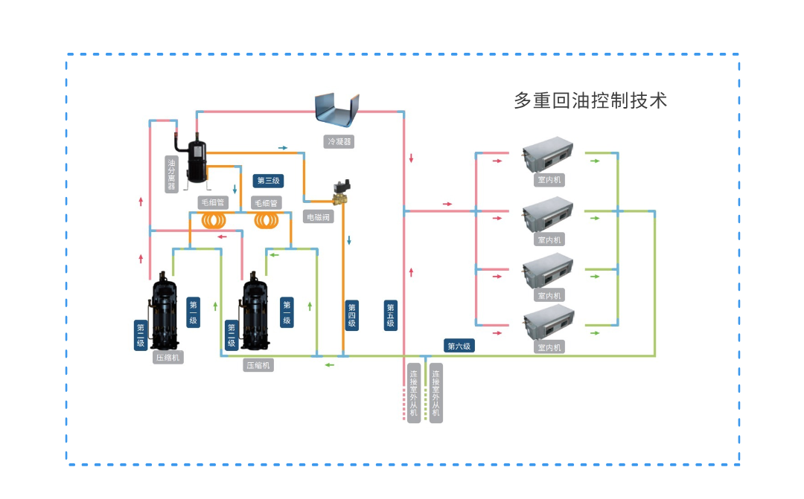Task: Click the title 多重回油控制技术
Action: tap(590, 100)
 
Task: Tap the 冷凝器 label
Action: tap(339, 141)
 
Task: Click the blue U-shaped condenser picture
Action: tap(337, 111)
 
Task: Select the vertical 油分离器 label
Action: tap(171, 174)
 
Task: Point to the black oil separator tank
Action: tap(197, 159)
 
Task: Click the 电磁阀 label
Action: tap(319, 217)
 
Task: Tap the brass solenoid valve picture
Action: tap(343, 193)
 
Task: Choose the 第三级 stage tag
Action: tap(268, 181)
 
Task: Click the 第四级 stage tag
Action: tap(351, 315)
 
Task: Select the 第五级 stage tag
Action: tap(390, 315)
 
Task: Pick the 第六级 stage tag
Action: tap(459, 346)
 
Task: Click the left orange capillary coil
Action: tap(214, 221)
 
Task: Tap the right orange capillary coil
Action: tap(267, 221)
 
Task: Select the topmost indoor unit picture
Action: tap(547, 155)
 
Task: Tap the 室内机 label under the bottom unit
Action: tap(550, 347)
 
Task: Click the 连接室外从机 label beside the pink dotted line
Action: tap(414, 393)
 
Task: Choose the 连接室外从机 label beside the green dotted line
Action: tap(436, 393)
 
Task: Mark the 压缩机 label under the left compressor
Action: tap(167, 357)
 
